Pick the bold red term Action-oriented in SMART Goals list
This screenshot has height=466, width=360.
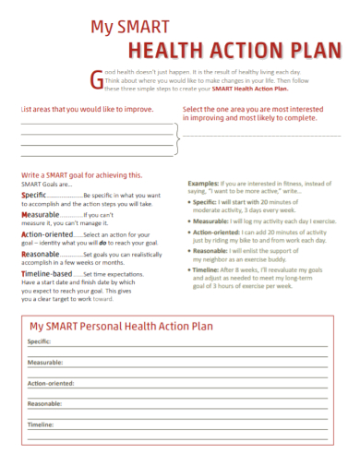(x=47, y=234)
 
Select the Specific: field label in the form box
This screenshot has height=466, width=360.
(x=39, y=341)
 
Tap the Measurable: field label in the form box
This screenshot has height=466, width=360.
(x=44, y=363)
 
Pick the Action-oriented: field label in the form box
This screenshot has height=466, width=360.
(x=52, y=383)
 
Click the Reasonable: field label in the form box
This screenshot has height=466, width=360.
(x=44, y=403)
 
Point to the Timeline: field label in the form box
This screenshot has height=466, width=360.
(x=41, y=424)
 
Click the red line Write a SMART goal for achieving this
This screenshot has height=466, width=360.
(x=81, y=174)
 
